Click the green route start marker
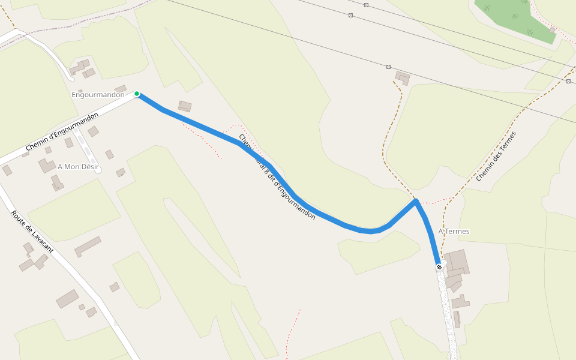pos(137,94)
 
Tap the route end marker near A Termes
pos(439,267)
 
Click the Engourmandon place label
pos(98,95)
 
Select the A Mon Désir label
pos(78,166)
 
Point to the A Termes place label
pos(454,232)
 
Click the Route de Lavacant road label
pos(32,232)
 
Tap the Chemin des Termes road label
pos(496,157)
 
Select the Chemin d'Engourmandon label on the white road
pos(62,131)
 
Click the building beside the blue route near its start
pos(185,106)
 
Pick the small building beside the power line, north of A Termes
pos(403,77)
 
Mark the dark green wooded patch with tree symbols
pos(516,18)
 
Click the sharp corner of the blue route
pos(415,202)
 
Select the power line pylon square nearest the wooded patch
pos(367,5)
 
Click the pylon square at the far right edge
pos(568,80)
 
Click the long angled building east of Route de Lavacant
pos(88,246)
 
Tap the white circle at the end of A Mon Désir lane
pos(98,170)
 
